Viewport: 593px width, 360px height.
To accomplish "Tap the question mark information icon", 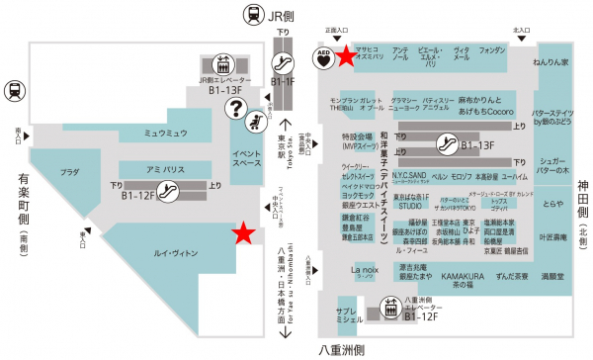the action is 235,107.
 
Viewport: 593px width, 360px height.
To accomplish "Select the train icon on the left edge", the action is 15,91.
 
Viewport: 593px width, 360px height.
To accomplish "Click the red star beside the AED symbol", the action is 346,55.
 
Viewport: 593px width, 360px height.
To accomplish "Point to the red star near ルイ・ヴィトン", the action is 241,232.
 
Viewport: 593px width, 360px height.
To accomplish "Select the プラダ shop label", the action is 69,172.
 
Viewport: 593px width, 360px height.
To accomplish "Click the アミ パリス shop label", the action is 161,169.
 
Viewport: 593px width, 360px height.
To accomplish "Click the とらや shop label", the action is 551,204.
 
